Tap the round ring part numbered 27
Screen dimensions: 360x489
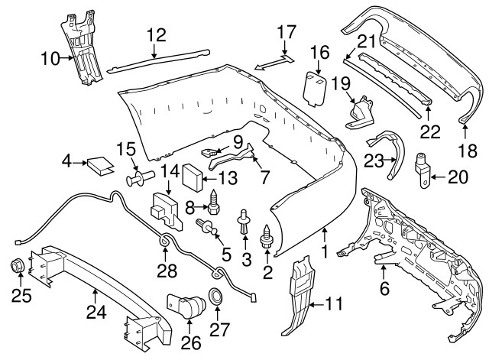click(x=216, y=297)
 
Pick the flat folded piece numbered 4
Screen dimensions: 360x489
click(x=99, y=163)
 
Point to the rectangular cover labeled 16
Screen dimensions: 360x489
click(x=313, y=86)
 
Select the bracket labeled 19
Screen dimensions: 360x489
click(x=361, y=113)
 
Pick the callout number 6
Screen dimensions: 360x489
click(x=384, y=287)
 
